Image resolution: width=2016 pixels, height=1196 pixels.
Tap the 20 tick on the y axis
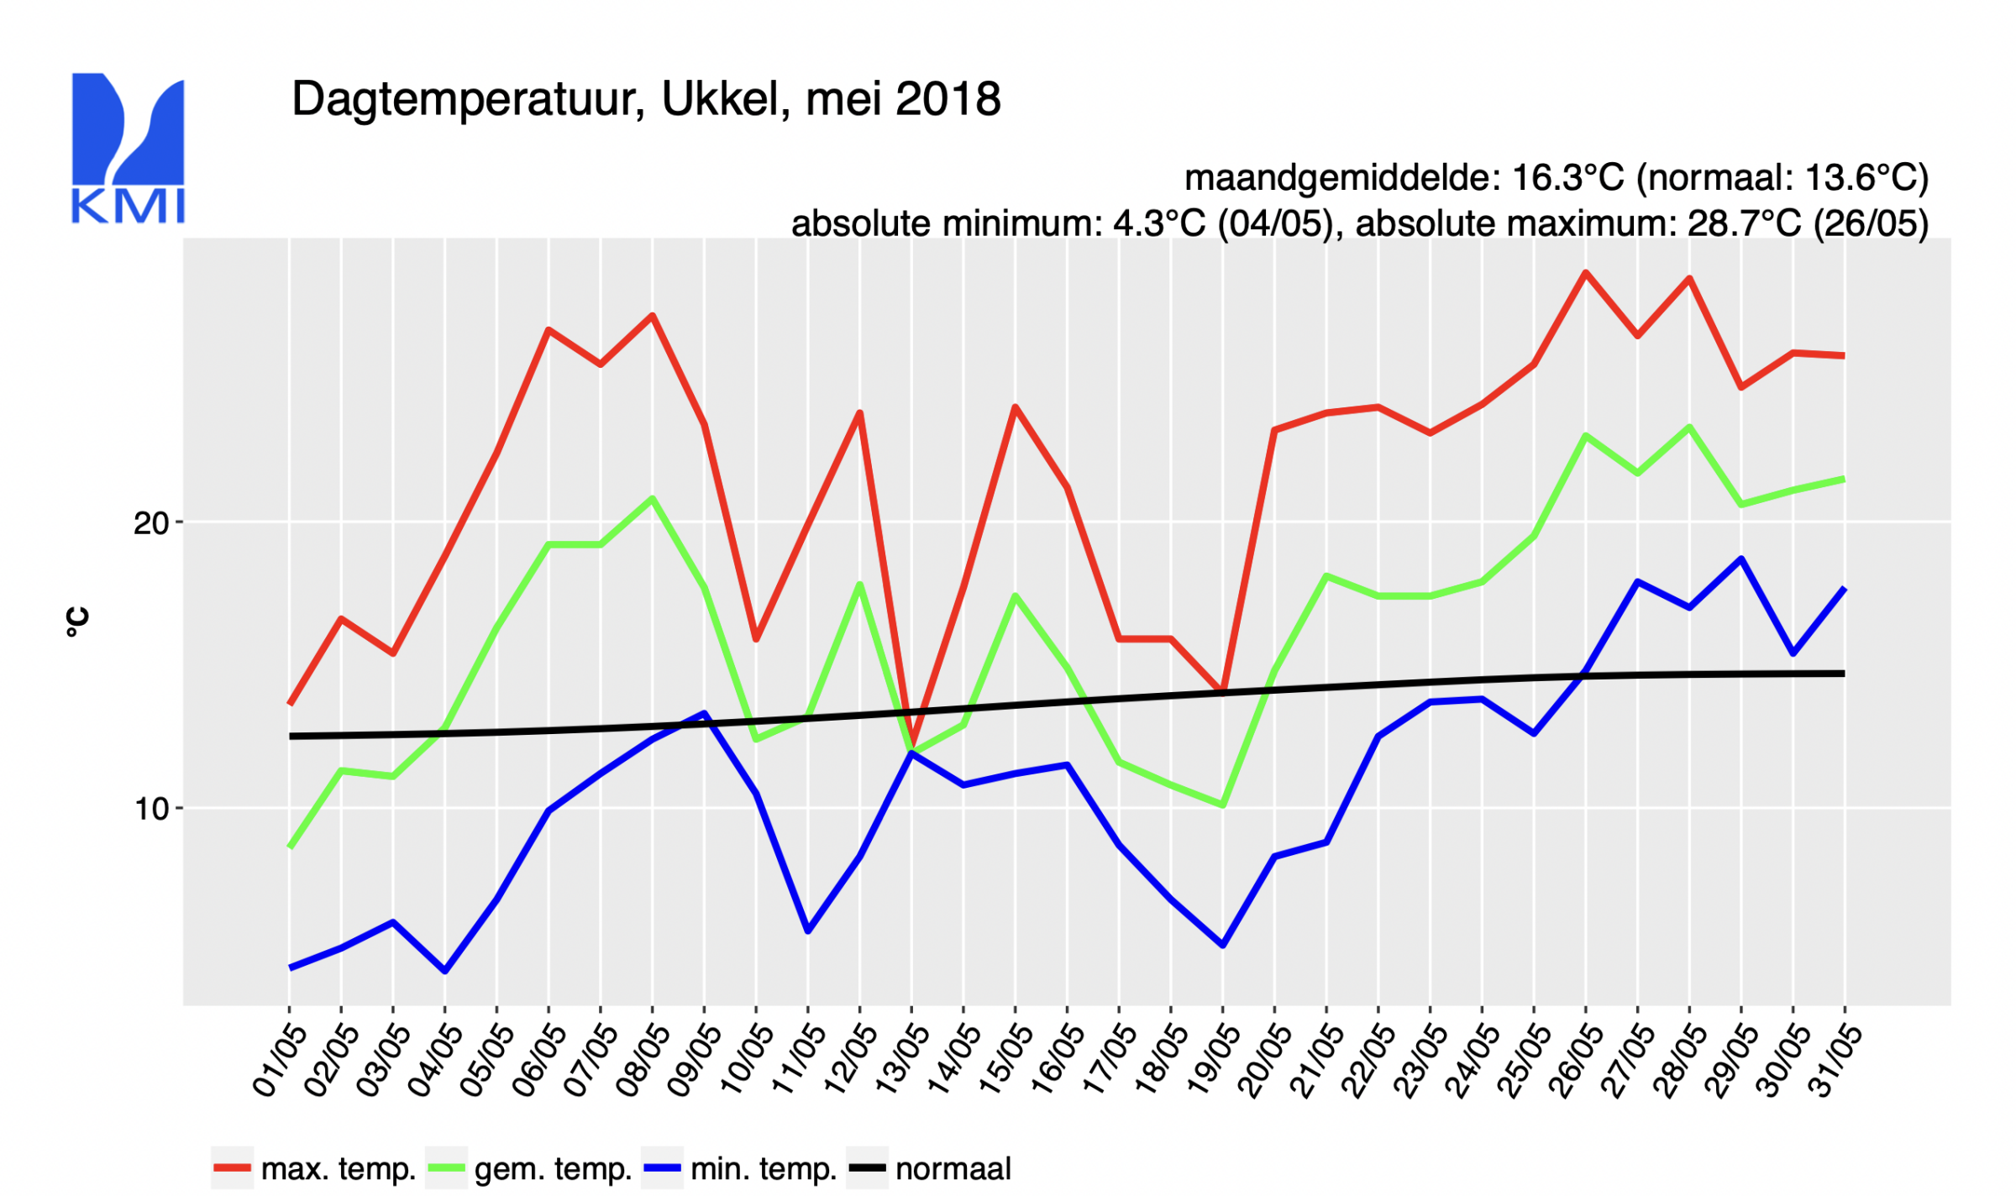coord(152,523)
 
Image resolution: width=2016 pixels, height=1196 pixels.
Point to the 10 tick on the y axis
coord(152,809)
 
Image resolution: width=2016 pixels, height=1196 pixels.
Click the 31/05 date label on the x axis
coord(1835,1060)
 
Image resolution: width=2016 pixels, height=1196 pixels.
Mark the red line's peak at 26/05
coord(1585,272)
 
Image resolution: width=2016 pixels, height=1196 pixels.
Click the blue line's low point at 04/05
coord(445,971)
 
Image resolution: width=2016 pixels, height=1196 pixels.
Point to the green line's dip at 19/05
coord(1222,805)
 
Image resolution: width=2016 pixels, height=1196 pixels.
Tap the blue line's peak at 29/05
coord(1741,559)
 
